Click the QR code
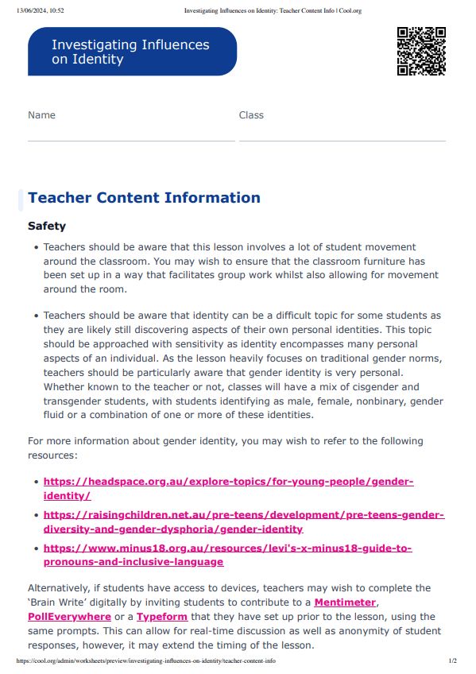420,51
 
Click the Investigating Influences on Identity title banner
132,52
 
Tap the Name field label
41,115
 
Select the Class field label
251,115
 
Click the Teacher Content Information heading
144,198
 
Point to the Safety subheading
47,227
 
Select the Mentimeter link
345,602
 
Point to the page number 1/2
452,661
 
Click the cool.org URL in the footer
146,661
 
